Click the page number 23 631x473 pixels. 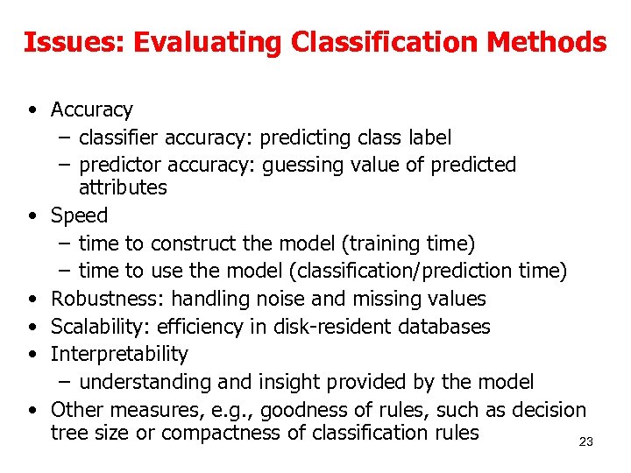point(586,442)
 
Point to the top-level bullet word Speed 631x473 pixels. point(79,215)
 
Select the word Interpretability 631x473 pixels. point(119,355)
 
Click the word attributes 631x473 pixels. point(123,187)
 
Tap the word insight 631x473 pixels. point(289,382)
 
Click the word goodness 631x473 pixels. point(310,410)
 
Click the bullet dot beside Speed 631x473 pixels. point(32,215)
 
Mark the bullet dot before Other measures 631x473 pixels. point(32,410)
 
